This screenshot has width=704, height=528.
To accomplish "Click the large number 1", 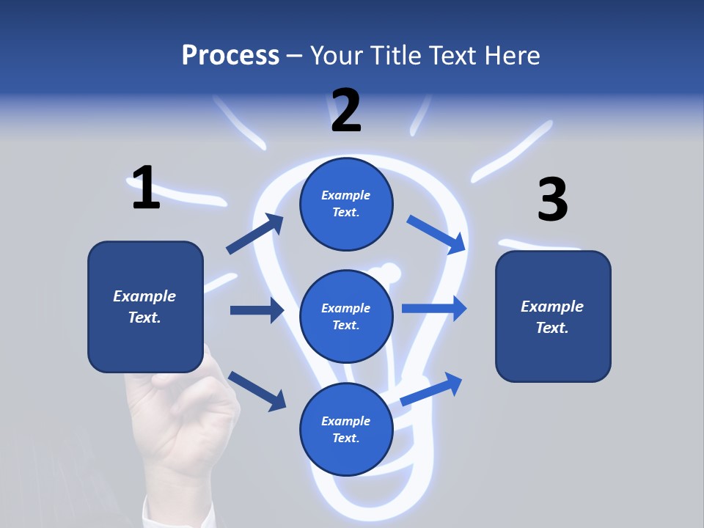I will click(x=146, y=188).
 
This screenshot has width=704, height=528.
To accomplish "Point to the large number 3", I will click(x=552, y=200).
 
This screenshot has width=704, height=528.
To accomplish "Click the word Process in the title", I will click(x=230, y=55).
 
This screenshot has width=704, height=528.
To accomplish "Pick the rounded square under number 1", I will click(x=145, y=307).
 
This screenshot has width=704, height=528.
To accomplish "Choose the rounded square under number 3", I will click(x=553, y=316).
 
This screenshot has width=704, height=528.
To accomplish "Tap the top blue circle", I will click(x=346, y=204).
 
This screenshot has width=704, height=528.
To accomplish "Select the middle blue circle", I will click(x=346, y=316).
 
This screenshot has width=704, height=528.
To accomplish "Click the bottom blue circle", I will click(x=346, y=429).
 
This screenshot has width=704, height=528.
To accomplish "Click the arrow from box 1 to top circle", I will click(x=254, y=234).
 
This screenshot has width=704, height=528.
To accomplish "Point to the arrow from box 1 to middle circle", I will click(x=257, y=310).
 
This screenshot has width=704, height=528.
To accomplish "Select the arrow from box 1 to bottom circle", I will click(x=257, y=390).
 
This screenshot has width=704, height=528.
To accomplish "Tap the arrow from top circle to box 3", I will click(x=437, y=234).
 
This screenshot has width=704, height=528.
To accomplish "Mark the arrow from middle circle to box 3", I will click(x=434, y=308).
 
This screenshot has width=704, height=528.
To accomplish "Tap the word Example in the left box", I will click(x=144, y=296).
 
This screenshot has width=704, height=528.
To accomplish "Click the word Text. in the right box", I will click(x=552, y=328).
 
